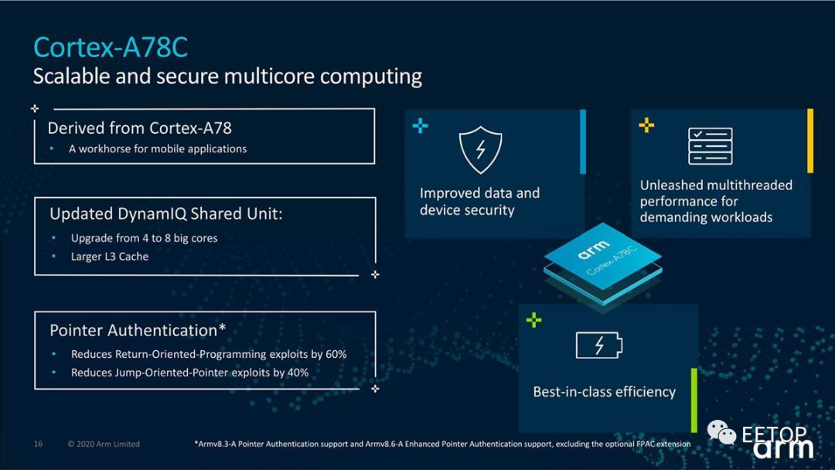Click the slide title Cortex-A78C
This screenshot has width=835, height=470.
(111, 48)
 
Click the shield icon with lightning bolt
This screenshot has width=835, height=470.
(480, 149)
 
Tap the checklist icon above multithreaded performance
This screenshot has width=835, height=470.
(710, 146)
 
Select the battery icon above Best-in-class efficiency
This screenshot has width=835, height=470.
(598, 346)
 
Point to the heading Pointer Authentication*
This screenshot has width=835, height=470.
(138, 330)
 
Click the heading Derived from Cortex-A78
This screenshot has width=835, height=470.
(139, 128)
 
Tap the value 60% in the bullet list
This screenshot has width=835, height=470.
(336, 354)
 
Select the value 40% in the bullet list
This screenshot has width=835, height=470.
(298, 373)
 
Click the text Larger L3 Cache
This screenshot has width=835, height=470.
(109, 257)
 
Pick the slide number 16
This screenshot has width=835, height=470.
(38, 444)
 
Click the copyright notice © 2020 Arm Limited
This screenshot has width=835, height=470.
(104, 444)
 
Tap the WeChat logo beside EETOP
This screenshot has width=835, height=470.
(721, 432)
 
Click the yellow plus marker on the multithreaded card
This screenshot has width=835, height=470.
(646, 124)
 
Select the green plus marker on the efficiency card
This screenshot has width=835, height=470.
(533, 319)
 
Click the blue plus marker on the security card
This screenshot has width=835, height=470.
(420, 125)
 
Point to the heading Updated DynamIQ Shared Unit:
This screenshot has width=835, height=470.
(165, 213)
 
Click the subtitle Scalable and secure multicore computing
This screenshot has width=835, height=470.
(227, 77)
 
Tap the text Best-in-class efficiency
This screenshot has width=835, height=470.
(604, 392)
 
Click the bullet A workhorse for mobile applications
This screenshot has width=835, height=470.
(158, 148)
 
